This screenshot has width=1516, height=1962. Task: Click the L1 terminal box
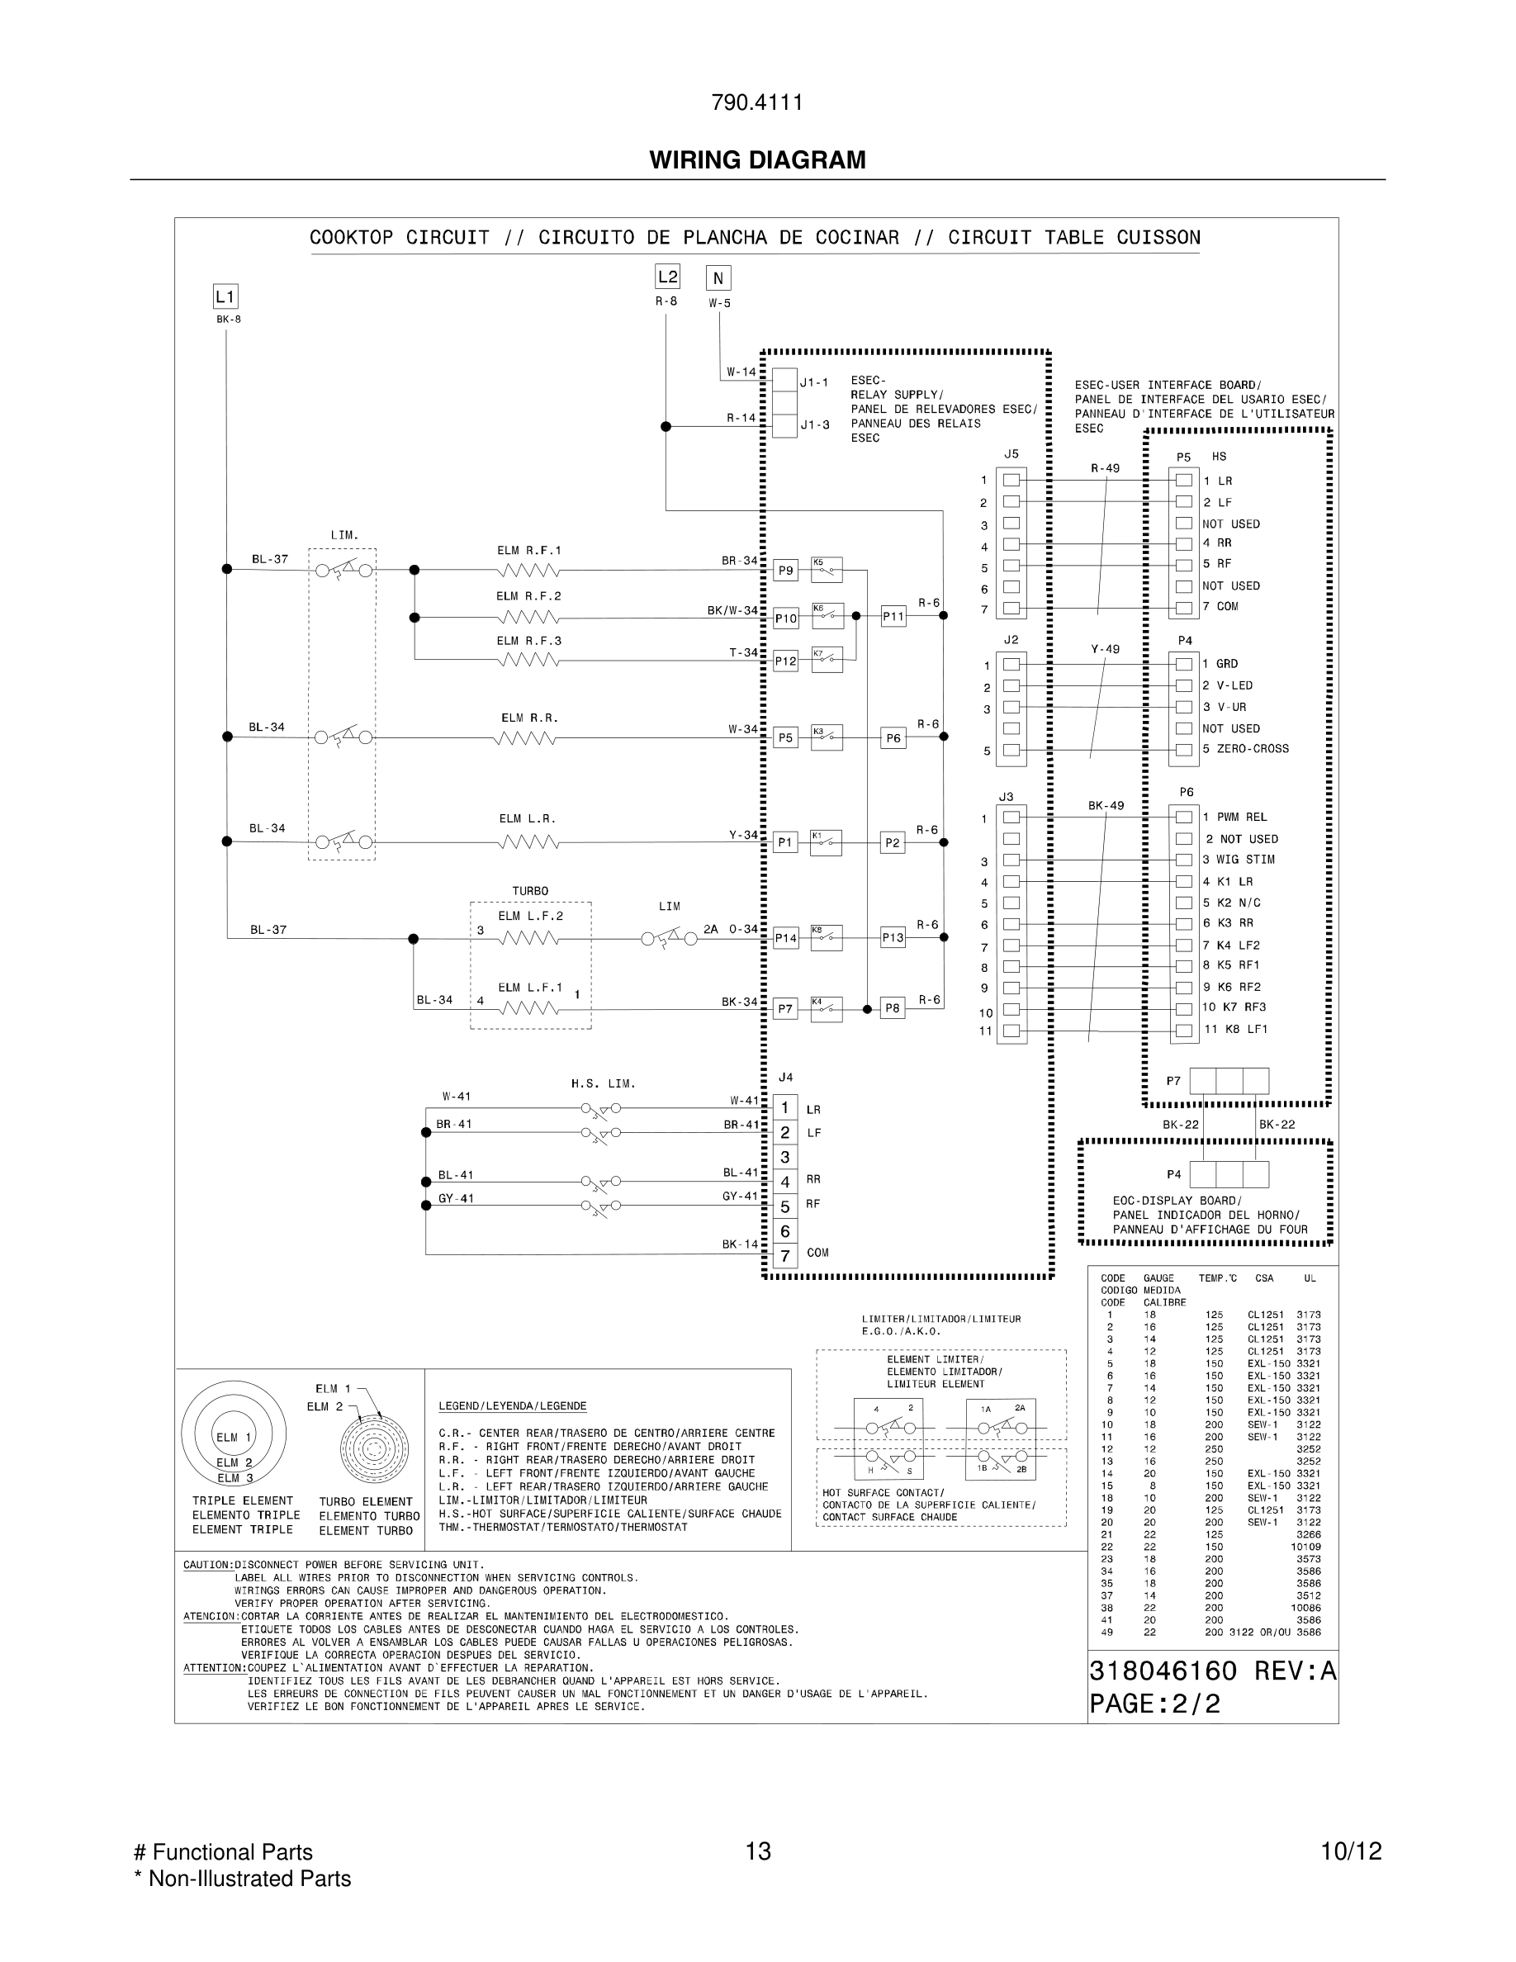click(225, 296)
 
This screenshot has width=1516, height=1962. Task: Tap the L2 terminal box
click(667, 277)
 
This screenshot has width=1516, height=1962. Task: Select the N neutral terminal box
click(718, 278)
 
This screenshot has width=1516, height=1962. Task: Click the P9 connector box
click(786, 571)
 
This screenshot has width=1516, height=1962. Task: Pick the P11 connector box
click(893, 616)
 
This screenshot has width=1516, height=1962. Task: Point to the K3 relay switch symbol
click(827, 737)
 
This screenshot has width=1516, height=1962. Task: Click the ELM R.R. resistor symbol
click(525, 738)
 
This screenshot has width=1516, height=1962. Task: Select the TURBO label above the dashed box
click(530, 891)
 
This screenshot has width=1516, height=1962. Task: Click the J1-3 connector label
click(815, 425)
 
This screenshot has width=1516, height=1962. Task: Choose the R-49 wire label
click(1105, 468)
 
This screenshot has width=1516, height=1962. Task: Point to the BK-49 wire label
click(1106, 806)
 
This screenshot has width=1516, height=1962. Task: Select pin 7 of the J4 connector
click(785, 1256)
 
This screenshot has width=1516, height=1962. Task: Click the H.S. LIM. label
click(603, 1084)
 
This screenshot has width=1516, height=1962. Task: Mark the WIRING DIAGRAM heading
click(757, 160)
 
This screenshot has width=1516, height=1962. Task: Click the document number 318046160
click(1163, 1671)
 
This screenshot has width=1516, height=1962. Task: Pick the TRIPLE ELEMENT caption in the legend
click(243, 1501)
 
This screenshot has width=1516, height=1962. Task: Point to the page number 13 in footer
click(758, 1851)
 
